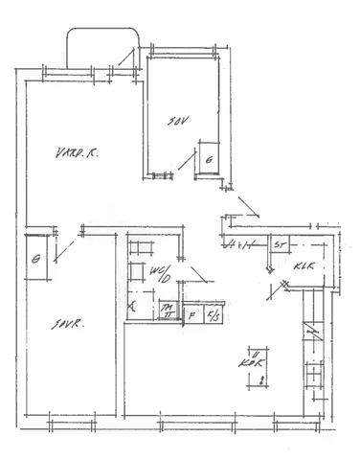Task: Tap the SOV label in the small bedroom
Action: click(x=177, y=122)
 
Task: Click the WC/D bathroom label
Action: click(x=160, y=276)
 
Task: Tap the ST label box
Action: click(x=279, y=245)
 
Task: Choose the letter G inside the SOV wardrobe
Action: click(x=209, y=160)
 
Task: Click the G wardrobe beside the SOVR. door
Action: click(x=35, y=259)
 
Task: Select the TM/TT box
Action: click(x=167, y=309)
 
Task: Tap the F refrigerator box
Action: click(x=191, y=314)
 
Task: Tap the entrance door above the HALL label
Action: click(x=248, y=205)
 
